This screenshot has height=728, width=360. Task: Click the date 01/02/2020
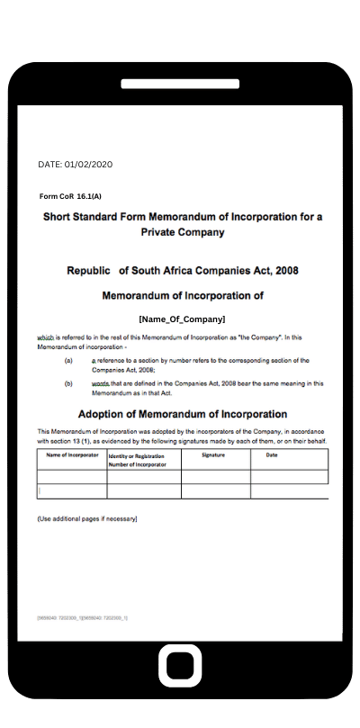(88, 165)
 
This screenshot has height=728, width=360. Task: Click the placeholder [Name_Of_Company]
(182, 319)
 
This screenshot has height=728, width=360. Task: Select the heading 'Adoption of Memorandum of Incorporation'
(183, 414)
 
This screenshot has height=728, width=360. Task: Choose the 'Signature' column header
(213, 456)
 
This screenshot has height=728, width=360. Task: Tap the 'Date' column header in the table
(272, 456)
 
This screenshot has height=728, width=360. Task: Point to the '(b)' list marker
(68, 382)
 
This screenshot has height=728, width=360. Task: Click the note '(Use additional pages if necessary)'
(86, 519)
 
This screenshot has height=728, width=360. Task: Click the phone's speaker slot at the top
(179, 84)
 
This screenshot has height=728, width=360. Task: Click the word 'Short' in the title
(58, 217)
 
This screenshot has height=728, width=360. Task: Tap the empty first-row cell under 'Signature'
(215, 477)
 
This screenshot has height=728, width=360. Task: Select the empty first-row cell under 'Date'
(288, 477)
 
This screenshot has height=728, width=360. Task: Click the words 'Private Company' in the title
(182, 232)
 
